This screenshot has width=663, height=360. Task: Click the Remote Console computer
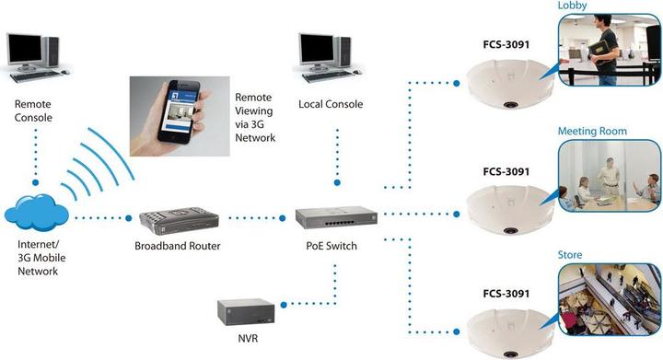tap(36, 55)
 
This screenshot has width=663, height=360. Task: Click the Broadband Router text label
tap(177, 246)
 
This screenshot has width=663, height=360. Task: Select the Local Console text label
tap(331, 104)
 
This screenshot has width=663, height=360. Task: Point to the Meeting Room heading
tap(592, 132)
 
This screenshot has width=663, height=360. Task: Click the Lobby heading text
tap(572, 6)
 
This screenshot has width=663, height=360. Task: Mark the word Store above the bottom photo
tap(571, 255)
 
